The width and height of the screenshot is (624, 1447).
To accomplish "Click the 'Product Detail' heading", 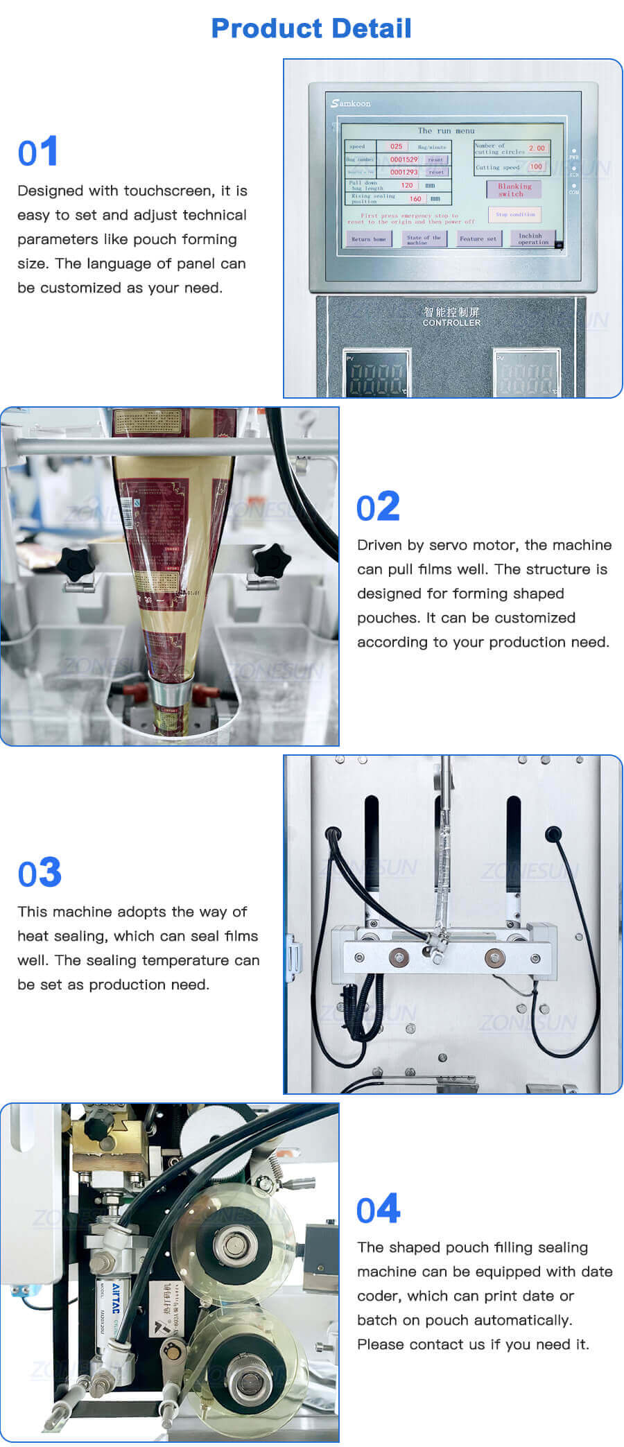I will (x=311, y=28).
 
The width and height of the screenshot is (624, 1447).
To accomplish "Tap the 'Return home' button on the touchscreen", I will (x=369, y=239).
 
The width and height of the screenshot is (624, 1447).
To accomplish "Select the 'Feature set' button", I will (x=478, y=239).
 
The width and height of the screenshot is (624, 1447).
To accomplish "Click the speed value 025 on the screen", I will (x=396, y=146).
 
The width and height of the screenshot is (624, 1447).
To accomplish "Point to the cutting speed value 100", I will (x=536, y=166).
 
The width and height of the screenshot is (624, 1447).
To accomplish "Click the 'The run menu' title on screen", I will (x=446, y=130).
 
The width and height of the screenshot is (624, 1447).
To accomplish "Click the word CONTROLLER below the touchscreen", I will (x=451, y=323).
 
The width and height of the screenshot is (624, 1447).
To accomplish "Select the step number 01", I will (x=38, y=153).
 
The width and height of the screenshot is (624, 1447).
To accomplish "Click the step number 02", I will (x=378, y=507).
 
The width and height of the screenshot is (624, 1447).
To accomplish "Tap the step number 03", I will (x=40, y=873).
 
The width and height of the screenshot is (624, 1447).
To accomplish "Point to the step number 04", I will (x=378, y=1209).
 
